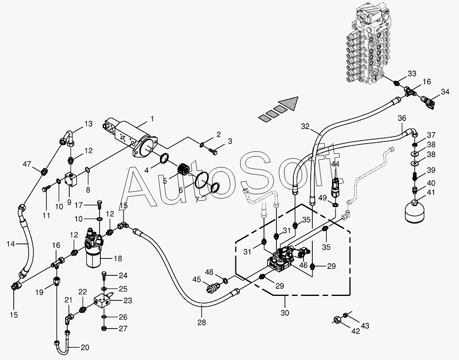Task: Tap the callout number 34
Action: click(445, 92)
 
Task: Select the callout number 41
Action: click(431, 192)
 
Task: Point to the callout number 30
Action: click(285, 313)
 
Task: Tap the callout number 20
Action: click(85, 348)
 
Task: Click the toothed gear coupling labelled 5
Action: click(184, 170)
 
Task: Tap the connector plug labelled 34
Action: click(428, 101)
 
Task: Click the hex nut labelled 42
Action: click(337, 320)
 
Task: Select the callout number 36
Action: click(402, 118)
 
